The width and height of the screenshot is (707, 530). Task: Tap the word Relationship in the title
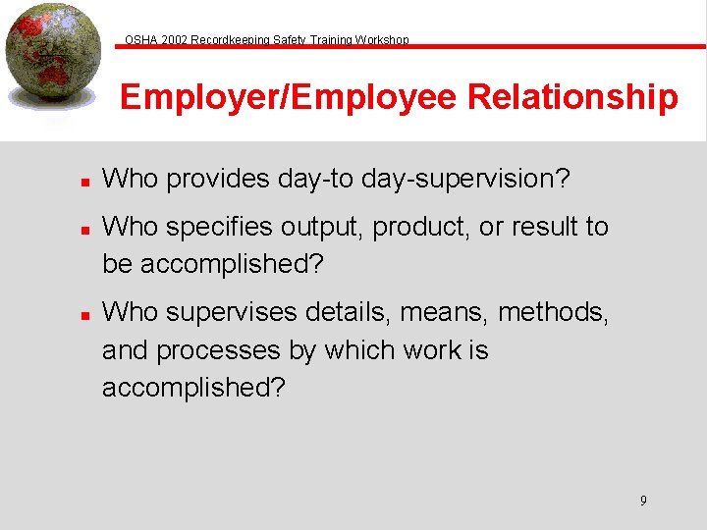(572, 98)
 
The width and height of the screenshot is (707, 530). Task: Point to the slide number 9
(643, 501)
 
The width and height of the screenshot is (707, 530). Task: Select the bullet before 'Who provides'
(85, 181)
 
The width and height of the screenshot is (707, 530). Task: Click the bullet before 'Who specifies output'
(85, 229)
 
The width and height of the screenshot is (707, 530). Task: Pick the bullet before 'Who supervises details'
(85, 314)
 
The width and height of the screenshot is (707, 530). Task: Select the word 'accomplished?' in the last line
(194, 387)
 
